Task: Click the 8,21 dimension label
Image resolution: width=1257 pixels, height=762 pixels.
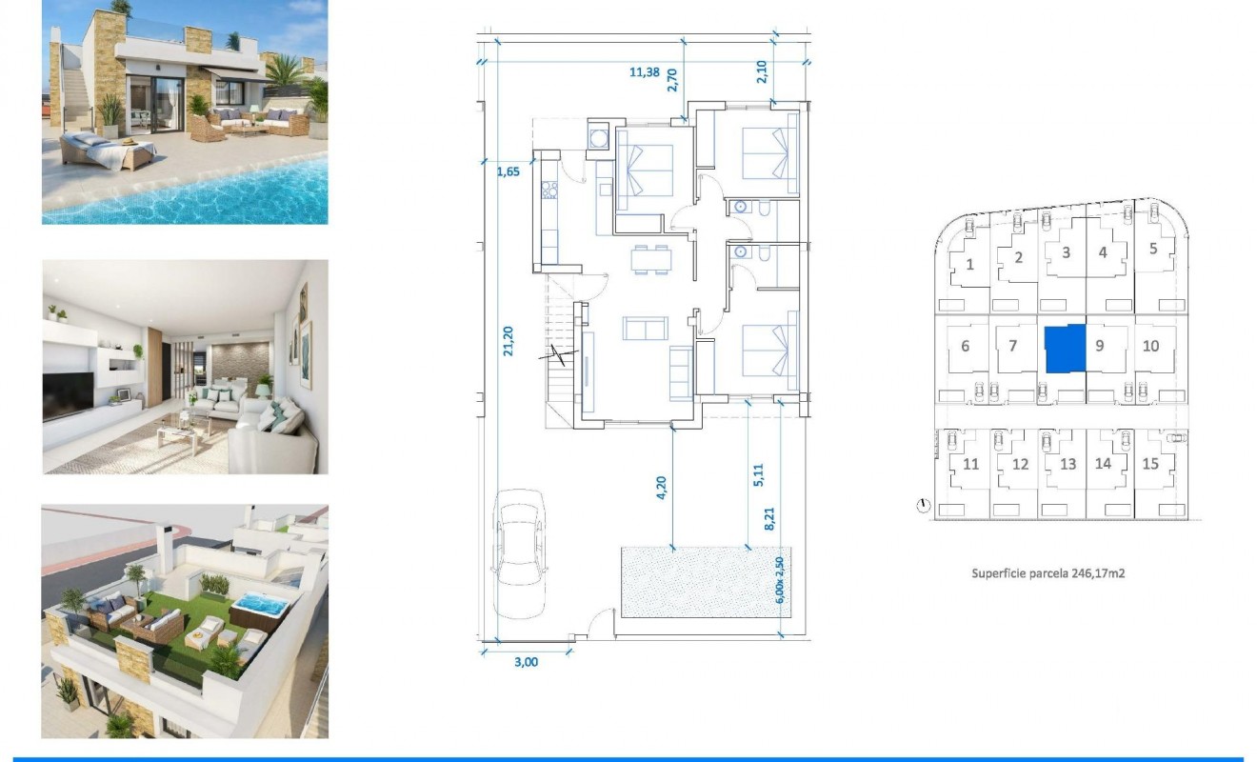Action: click(769, 519)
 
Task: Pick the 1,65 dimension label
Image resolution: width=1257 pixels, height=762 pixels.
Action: click(509, 173)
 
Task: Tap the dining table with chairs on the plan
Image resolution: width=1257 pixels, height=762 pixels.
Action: click(650, 259)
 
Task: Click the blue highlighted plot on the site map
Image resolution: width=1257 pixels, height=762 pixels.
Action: click(1065, 349)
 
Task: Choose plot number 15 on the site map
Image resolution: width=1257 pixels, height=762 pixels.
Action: click(1150, 464)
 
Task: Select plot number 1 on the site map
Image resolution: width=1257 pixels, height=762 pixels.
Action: click(969, 264)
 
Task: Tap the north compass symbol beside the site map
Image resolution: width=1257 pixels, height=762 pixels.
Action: click(923, 506)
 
